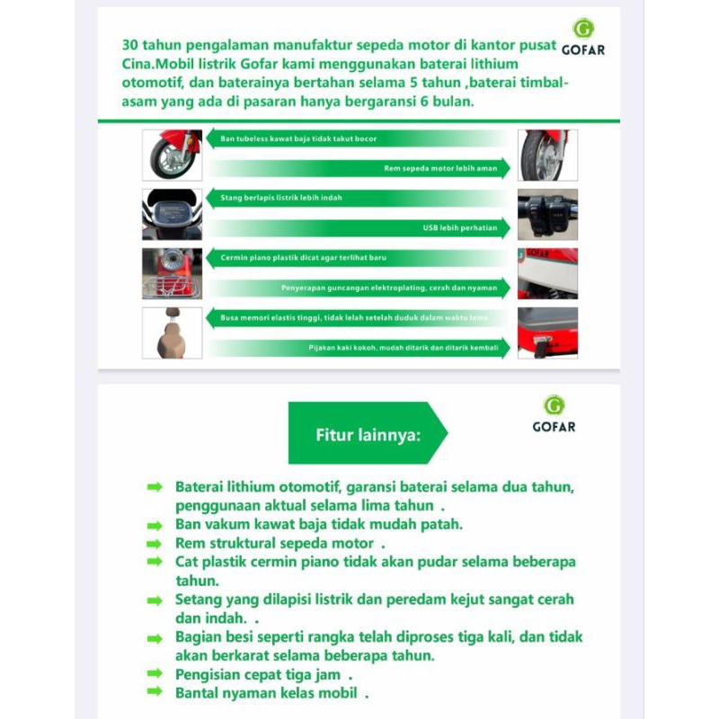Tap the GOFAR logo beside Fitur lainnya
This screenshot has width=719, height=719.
pyautogui.click(x=555, y=413)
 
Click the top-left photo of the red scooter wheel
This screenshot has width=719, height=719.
pyautogui.click(x=172, y=155)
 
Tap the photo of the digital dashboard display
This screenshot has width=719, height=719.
pyautogui.click(x=172, y=214)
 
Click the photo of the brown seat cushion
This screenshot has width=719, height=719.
pyautogui.click(x=172, y=333)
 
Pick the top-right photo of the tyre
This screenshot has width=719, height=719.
pyautogui.click(x=547, y=155)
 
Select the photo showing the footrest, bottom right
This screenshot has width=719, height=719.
pyautogui.click(x=547, y=333)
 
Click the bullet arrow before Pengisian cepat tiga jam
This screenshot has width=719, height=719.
pyautogui.click(x=155, y=673)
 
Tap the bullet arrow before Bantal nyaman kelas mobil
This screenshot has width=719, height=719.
pyautogui.click(x=155, y=692)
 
